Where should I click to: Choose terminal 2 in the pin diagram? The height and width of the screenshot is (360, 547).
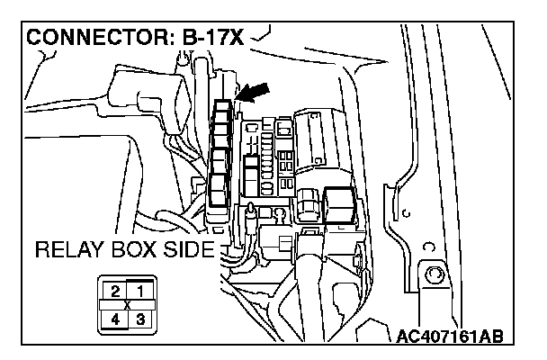coord(115,290)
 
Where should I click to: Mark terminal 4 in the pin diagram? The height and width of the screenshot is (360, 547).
coord(115,318)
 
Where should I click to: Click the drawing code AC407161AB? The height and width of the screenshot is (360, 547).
coord(449,337)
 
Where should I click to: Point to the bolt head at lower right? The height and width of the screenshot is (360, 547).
coord(436,275)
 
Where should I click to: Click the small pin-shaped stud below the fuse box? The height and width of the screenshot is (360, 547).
coord(248,216)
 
